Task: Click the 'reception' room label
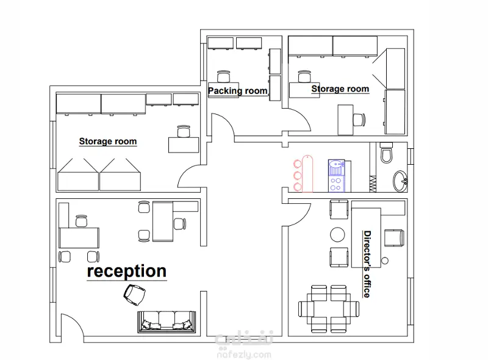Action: coord(127,271)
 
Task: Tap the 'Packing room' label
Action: coord(237,91)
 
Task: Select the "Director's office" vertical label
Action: coord(367,264)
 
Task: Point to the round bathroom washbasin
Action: coord(400,181)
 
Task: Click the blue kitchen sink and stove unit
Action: coord(336,176)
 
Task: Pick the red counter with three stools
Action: coord(303,174)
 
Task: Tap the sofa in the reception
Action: coord(167,322)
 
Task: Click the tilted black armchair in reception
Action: coord(134,294)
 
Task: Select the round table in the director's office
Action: coord(337,234)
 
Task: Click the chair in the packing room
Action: coord(223,76)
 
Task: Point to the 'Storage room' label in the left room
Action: coord(108,142)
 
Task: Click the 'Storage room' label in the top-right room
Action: coord(340,88)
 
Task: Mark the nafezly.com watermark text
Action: coord(244,355)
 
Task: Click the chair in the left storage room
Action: coord(184,131)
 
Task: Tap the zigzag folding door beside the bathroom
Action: coord(373,184)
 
